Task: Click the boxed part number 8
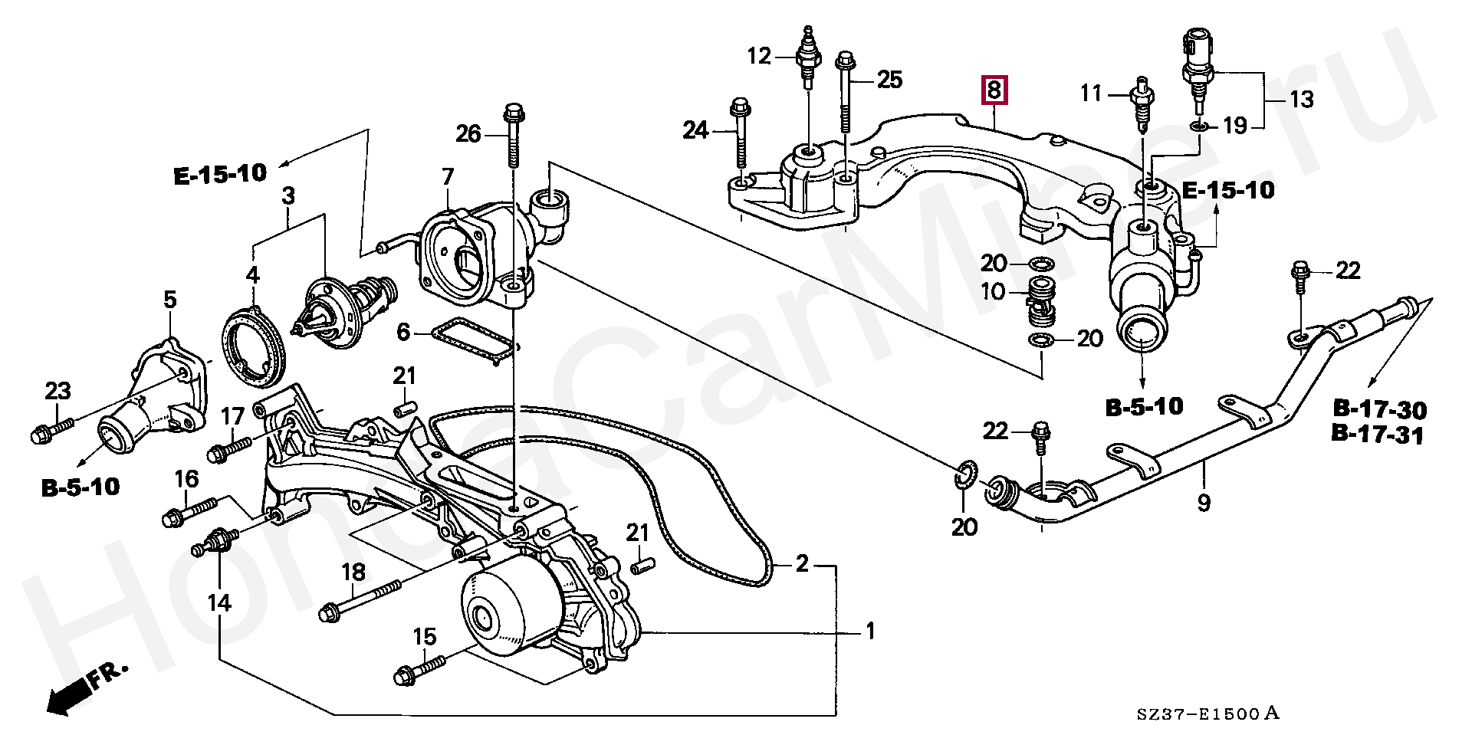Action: coord(994,90)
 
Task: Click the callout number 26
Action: coord(468,135)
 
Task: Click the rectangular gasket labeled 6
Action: coord(473,344)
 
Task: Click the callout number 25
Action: coord(889,79)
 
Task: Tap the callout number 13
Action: coord(1300,99)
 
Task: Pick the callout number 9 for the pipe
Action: coord(1203,503)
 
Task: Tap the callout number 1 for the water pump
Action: coord(869,632)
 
